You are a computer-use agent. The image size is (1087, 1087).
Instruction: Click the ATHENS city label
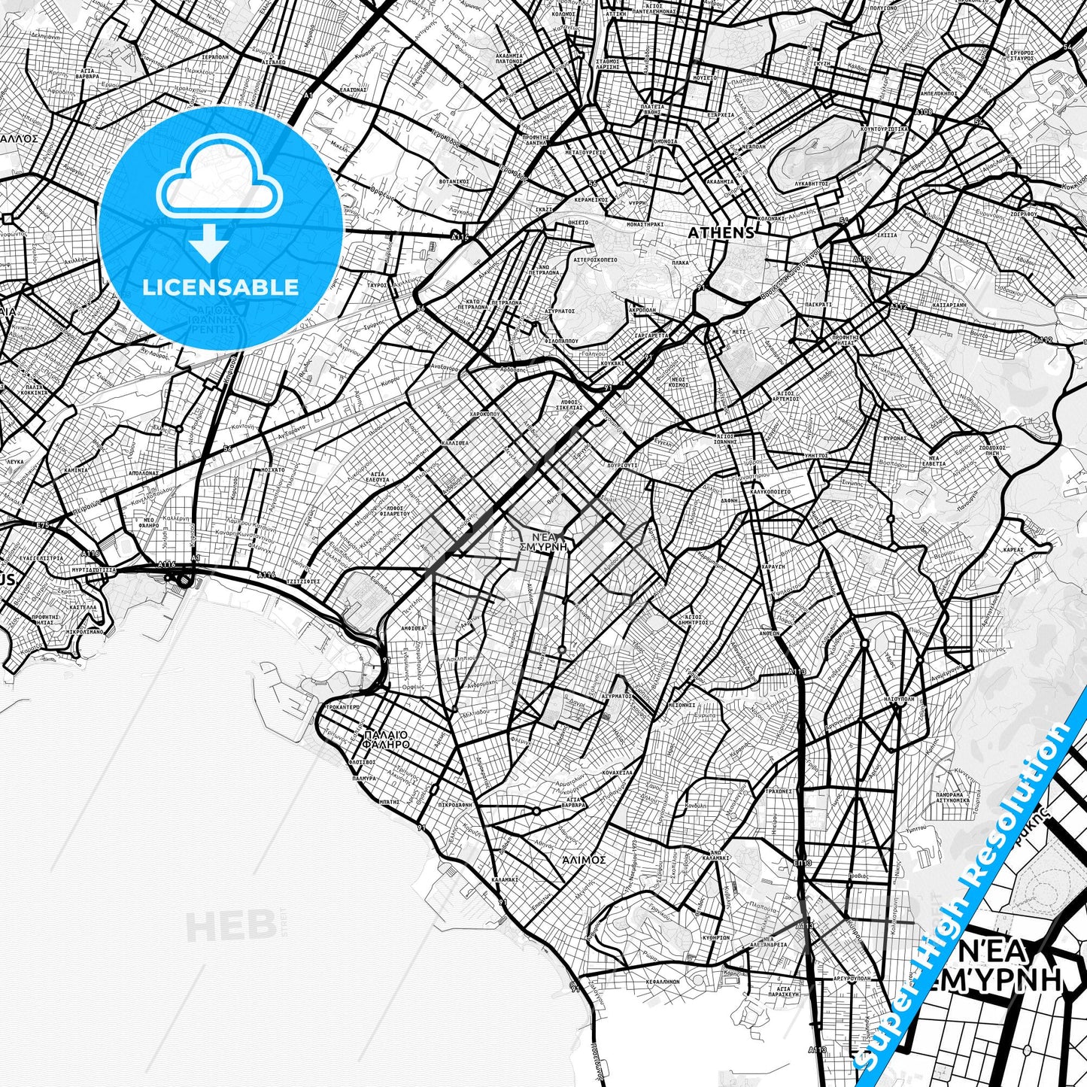pos(721,233)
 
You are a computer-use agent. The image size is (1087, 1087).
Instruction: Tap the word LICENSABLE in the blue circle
pos(220,287)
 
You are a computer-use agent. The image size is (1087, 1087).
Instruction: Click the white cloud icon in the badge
pos(219,184)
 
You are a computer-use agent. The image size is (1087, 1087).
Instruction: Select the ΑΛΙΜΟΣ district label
pos(584,858)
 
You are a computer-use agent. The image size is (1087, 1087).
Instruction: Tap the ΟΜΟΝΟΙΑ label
pos(665,141)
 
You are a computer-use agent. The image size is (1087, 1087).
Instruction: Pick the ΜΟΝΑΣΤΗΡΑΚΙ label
pos(645,224)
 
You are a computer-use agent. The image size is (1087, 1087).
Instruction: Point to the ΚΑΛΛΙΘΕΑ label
pos(455,444)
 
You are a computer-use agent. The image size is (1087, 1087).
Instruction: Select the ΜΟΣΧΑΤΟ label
pos(272,469)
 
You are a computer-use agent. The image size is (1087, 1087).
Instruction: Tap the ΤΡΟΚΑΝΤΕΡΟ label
pos(342,708)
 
